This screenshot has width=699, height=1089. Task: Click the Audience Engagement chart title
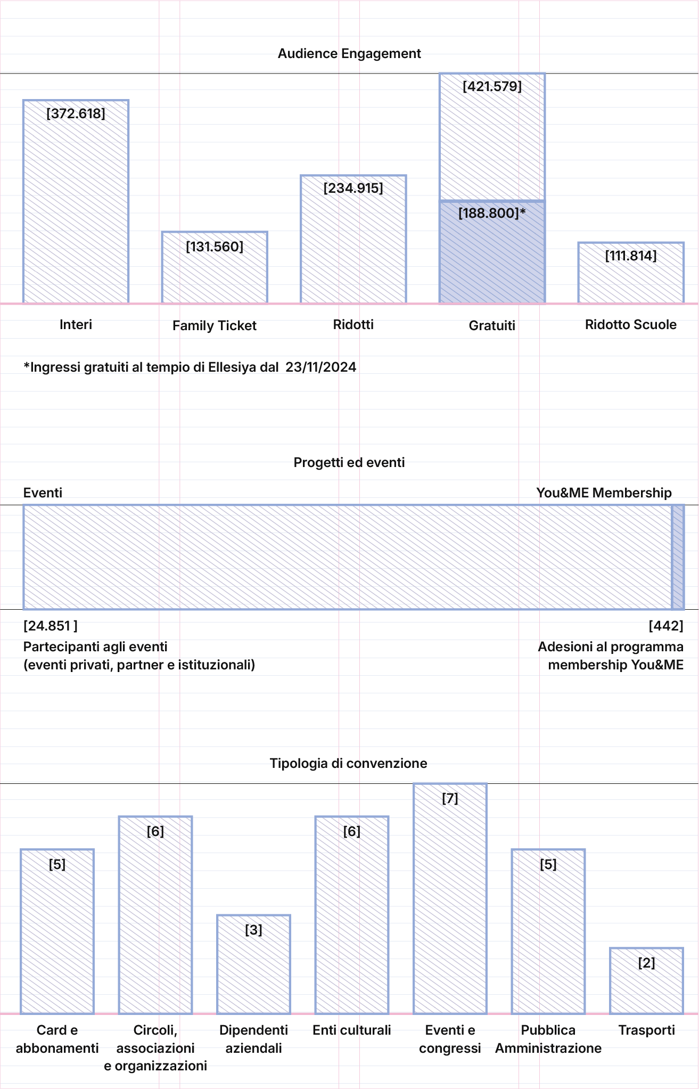click(349, 54)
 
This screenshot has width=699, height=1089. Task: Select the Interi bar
click(76, 201)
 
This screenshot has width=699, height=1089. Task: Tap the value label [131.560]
click(215, 247)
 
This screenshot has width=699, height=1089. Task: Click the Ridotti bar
click(353, 239)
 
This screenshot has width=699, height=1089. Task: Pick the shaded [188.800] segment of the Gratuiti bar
click(492, 252)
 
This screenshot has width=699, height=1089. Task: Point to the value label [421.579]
click(492, 86)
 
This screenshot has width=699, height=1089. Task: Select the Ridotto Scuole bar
click(631, 273)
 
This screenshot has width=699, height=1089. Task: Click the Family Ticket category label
click(215, 326)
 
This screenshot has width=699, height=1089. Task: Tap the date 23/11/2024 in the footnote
click(321, 367)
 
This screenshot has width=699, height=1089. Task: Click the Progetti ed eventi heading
click(349, 463)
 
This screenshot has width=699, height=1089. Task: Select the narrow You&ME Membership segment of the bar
click(678, 557)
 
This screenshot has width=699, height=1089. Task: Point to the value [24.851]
click(51, 626)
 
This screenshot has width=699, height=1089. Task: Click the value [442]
click(666, 626)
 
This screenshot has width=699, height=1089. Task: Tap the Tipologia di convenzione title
click(349, 764)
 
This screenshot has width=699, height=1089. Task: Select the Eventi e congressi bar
click(450, 898)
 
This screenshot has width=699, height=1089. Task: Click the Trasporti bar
click(646, 981)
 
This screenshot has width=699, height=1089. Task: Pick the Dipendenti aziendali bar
click(253, 964)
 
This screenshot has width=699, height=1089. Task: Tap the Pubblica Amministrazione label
click(548, 1039)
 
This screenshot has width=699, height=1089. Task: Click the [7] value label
click(450, 798)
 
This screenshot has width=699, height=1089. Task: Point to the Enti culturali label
click(352, 1030)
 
